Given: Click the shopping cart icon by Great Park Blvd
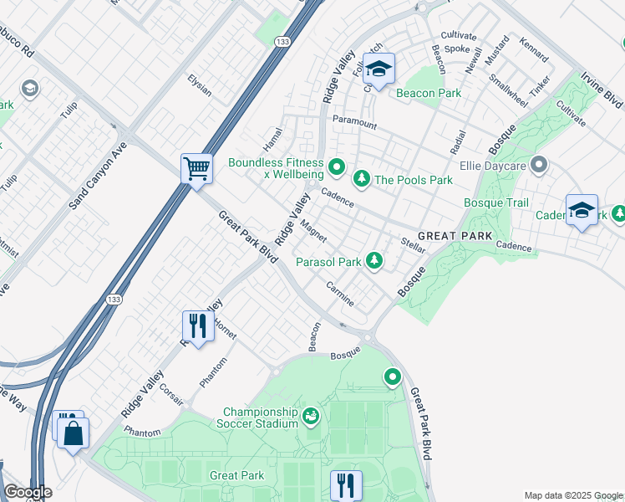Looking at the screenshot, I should pos(196,168).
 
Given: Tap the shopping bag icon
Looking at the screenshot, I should pos(73,433).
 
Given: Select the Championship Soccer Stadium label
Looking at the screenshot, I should pos(260,417).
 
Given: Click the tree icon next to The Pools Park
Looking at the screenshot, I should pos(361,179).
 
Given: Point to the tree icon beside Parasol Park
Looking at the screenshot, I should pos(375,262).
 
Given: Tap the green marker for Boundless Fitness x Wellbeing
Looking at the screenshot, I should pos(336,168).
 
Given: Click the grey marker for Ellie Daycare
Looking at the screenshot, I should pos(539,165).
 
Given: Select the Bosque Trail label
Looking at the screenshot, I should pos(496,202).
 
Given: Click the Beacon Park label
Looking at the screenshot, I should pos(429,93).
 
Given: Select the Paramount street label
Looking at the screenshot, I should pos(354,123).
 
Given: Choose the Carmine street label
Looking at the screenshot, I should pos(340,293).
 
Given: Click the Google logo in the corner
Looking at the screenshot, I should pos(28,492).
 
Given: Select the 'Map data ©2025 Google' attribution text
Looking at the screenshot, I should pos(573,495).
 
